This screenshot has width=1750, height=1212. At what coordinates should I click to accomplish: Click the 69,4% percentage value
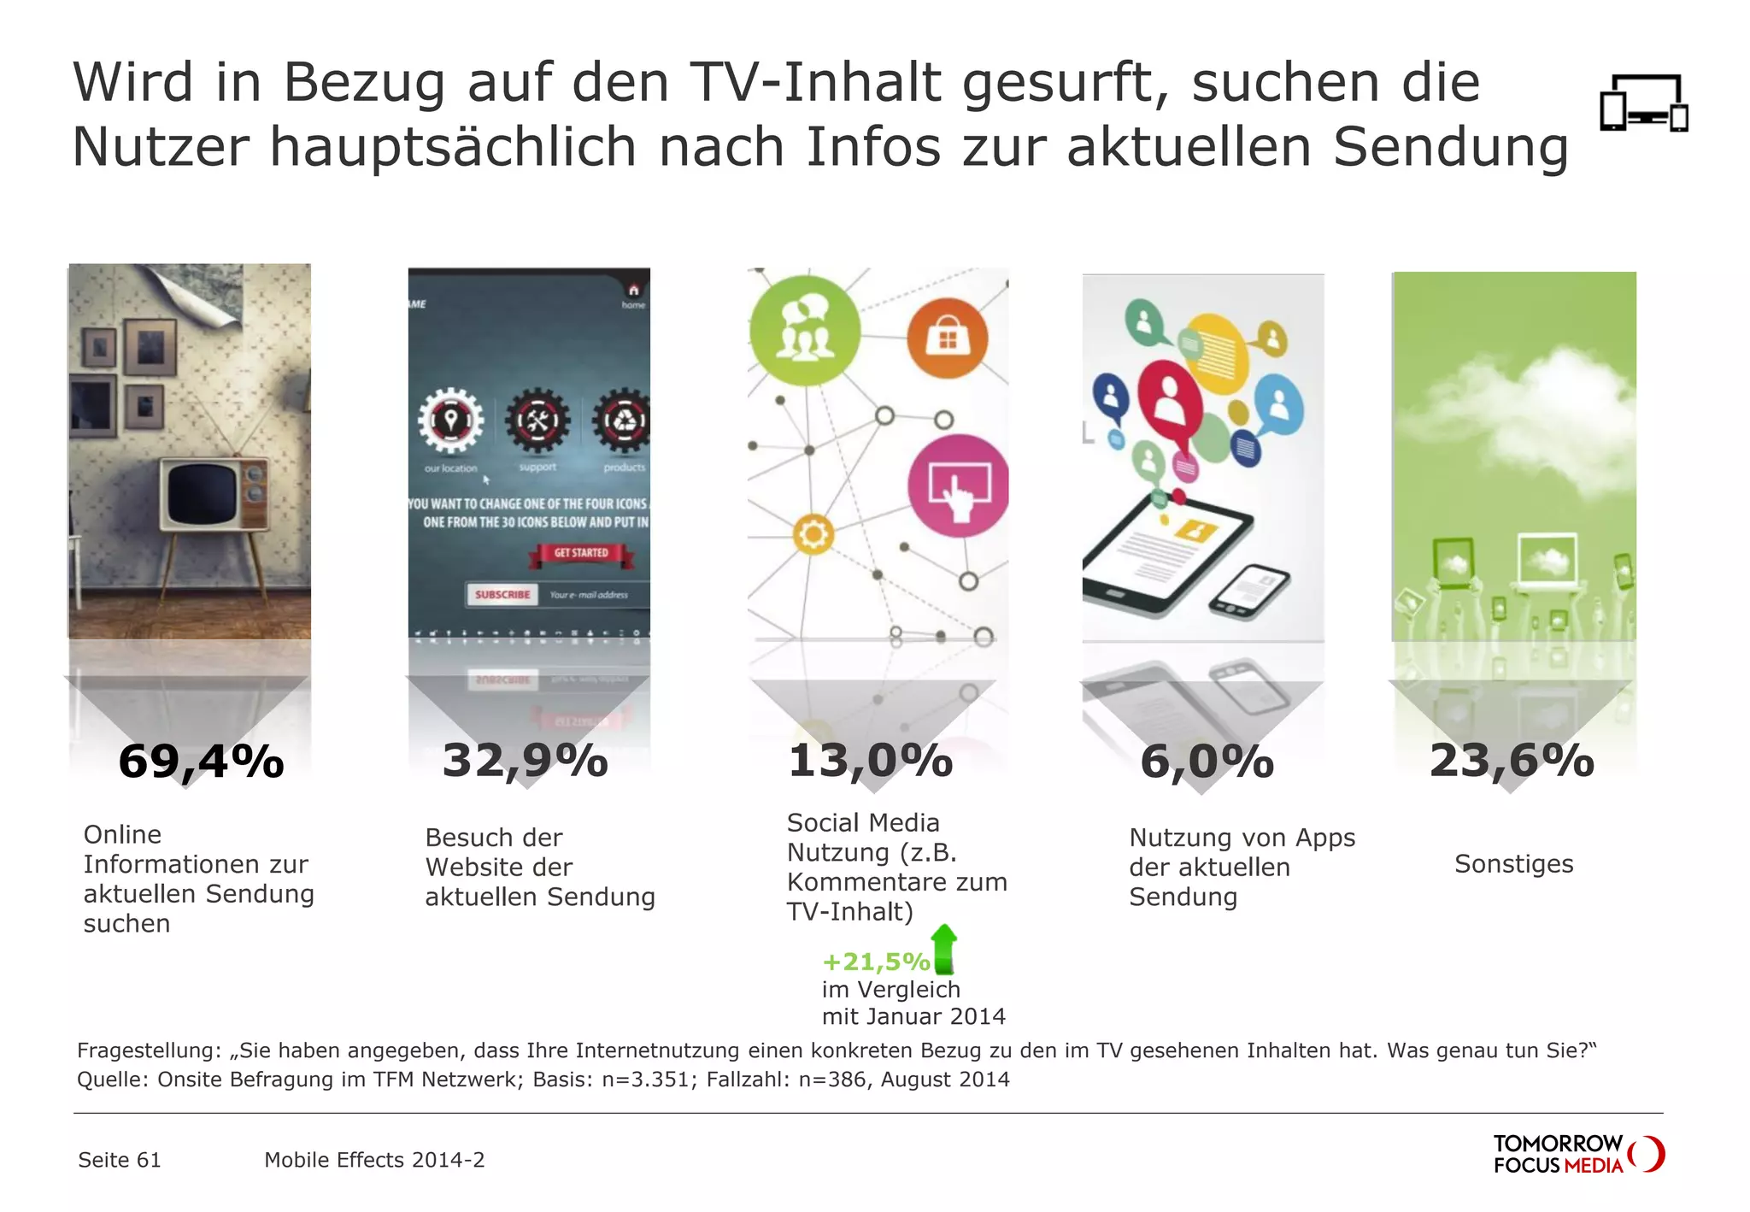click(202, 761)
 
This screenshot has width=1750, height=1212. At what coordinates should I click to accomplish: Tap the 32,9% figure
click(525, 760)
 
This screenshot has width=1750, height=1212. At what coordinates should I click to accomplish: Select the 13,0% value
click(870, 761)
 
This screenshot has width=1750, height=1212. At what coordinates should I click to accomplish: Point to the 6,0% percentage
click(1207, 762)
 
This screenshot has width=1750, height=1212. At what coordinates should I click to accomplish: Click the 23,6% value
click(1512, 760)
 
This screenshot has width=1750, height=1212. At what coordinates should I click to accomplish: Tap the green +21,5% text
click(875, 962)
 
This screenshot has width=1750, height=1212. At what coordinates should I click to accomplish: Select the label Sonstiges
click(1513, 864)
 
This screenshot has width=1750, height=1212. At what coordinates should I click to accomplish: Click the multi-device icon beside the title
click(1643, 103)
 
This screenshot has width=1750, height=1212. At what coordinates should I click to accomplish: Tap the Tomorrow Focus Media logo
click(1577, 1154)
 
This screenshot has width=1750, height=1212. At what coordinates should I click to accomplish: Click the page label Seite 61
click(120, 1160)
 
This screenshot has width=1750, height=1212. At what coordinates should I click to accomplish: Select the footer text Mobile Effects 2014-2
click(374, 1160)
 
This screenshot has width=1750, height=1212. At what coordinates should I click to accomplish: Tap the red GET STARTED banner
click(581, 553)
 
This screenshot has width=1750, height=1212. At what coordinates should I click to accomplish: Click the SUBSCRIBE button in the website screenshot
click(502, 594)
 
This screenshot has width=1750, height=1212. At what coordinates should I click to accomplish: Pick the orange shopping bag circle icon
click(947, 338)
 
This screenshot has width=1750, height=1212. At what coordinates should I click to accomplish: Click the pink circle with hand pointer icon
click(958, 485)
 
